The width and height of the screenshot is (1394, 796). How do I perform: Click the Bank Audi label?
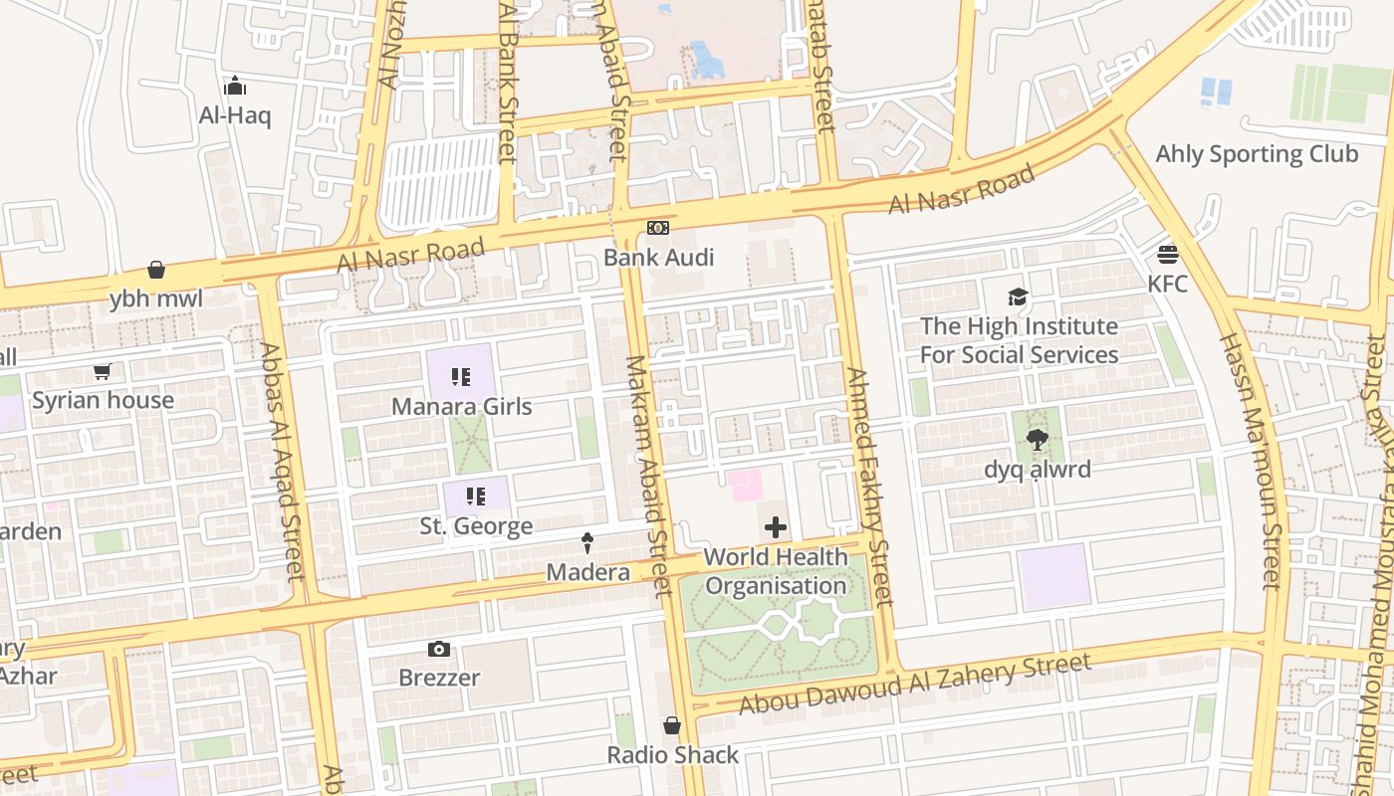(658, 258)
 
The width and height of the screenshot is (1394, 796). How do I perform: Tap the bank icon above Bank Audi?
(658, 228)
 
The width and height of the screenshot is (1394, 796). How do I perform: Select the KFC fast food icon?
(1168, 254)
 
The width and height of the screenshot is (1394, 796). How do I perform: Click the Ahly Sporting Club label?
(1256, 154)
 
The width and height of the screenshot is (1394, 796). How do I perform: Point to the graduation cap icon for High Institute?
(1018, 297)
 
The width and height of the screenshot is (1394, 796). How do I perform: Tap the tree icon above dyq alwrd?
(1037, 440)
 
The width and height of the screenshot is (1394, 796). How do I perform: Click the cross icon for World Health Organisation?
(776, 527)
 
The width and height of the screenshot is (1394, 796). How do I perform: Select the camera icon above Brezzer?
(439, 650)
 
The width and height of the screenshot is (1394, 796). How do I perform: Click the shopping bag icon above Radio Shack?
(672, 725)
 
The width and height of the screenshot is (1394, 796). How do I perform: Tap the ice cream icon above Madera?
(587, 543)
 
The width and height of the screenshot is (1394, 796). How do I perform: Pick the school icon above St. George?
(476, 496)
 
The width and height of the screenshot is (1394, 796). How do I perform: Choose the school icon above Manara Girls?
(460, 377)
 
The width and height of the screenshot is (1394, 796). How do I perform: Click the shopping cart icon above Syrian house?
(102, 372)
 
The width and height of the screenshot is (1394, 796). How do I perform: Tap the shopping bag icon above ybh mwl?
(156, 270)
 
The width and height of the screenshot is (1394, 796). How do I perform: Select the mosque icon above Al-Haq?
(235, 86)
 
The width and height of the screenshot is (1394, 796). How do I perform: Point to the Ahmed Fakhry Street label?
(868, 488)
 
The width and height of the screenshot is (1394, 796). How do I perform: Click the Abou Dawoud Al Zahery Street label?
(915, 684)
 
